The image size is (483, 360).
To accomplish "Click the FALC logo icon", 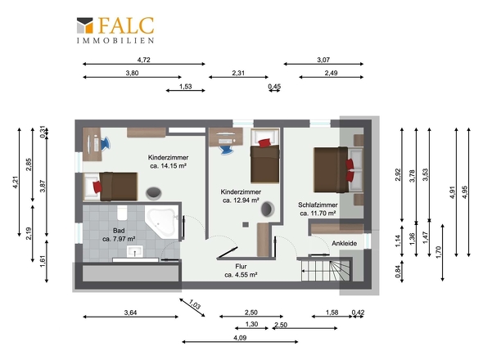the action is pyautogui.click(x=84, y=25).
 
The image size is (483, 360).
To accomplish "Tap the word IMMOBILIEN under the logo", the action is pyautogui.click(x=115, y=40).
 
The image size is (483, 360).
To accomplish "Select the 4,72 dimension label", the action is pyautogui.click(x=144, y=60).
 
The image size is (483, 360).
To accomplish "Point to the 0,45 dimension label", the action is pyautogui.click(x=274, y=87).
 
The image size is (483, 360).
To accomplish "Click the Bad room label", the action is pyautogui.click(x=119, y=231).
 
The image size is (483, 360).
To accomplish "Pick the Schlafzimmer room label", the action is pyautogui.click(x=318, y=205).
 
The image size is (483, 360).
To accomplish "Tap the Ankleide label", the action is pyautogui.click(x=345, y=243).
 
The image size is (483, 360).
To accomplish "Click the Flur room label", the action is pyautogui.click(x=241, y=267).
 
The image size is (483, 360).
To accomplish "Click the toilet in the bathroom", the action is pyautogui.click(x=122, y=213).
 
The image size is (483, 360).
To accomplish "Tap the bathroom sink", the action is pyautogui.click(x=135, y=251).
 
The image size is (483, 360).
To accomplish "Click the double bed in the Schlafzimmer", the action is pyautogui.click(x=338, y=169).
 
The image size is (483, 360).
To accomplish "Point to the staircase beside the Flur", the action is pyautogui.click(x=326, y=270).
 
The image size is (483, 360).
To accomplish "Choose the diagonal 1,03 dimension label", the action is pyautogui.click(x=195, y=304).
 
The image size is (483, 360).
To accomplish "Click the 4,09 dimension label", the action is pyautogui.click(x=240, y=338).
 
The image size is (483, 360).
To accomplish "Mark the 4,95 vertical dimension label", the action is pyautogui.click(x=465, y=192).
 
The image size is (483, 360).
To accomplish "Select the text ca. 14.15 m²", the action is pyautogui.click(x=168, y=166).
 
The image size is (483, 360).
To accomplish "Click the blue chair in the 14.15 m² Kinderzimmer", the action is pyautogui.click(x=105, y=143).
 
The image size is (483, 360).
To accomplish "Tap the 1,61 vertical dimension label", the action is pyautogui.click(x=43, y=261).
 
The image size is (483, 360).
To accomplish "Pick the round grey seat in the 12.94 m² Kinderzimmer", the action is pyautogui.click(x=268, y=209).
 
